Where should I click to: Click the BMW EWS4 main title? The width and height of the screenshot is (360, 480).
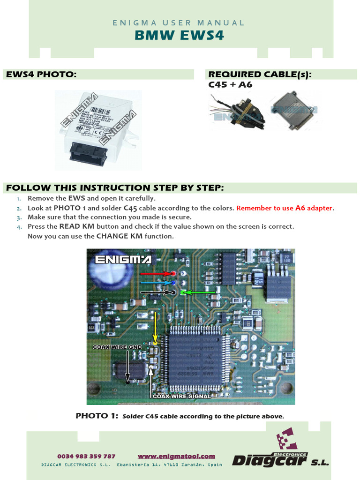click(x=180, y=36)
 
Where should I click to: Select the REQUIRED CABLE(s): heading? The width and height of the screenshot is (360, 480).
click(x=260, y=74)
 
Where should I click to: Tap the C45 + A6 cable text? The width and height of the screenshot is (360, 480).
click(x=230, y=85)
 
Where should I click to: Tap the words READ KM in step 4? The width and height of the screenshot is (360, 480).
click(x=76, y=226)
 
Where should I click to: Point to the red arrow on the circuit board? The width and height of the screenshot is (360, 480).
click(x=156, y=273)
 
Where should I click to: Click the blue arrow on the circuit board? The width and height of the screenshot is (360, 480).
click(x=156, y=283)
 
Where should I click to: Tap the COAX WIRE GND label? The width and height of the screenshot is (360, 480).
click(x=117, y=347)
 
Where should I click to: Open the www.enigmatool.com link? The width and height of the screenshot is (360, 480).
click(x=176, y=456)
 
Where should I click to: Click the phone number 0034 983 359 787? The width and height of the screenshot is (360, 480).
click(x=86, y=456)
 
